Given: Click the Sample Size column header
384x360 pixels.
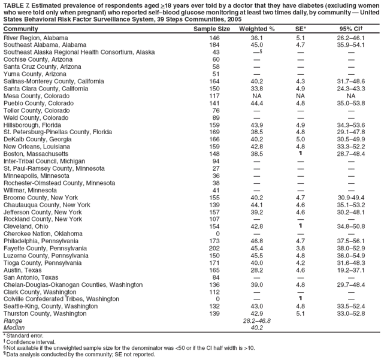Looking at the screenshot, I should [x=212, y=29].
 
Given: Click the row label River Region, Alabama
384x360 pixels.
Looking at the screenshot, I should [x=36, y=37].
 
